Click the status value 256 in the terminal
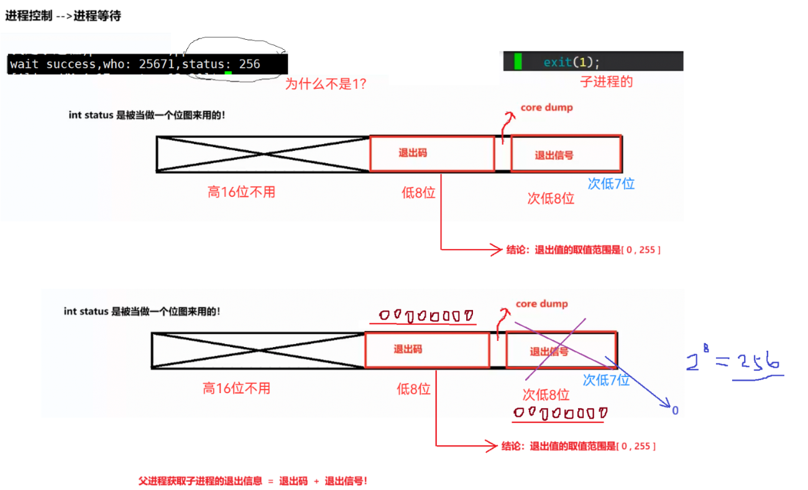249,64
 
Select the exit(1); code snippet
572,62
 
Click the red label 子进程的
606,82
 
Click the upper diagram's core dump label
546,107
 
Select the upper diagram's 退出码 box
431,153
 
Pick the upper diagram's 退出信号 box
566,154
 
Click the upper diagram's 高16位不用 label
241,192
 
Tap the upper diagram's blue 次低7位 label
611,184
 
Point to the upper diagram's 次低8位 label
551,199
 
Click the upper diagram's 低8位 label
418,193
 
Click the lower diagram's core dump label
541,304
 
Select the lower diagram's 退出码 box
426,350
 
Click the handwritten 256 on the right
758,362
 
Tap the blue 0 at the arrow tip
675,411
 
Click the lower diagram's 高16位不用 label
236,389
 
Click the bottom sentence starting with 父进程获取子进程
252,481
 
